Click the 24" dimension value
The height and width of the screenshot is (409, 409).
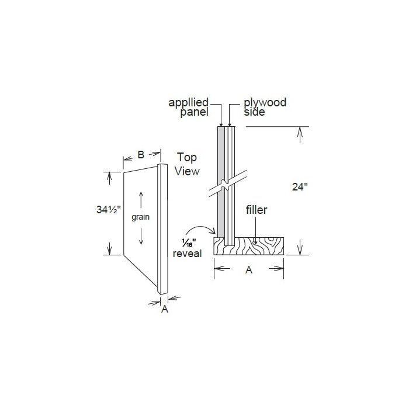[x=299, y=187]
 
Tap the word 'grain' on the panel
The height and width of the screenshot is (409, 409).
[x=141, y=217]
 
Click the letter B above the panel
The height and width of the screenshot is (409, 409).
[x=141, y=155]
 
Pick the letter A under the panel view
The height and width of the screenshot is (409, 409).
[x=164, y=310]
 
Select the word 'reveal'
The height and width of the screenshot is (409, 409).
[x=188, y=253]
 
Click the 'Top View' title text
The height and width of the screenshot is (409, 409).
[x=188, y=164]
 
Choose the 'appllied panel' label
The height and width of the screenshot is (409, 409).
[x=189, y=108]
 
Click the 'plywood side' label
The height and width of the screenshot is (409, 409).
[x=265, y=107]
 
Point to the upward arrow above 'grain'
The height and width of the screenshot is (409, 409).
[x=141, y=199]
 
